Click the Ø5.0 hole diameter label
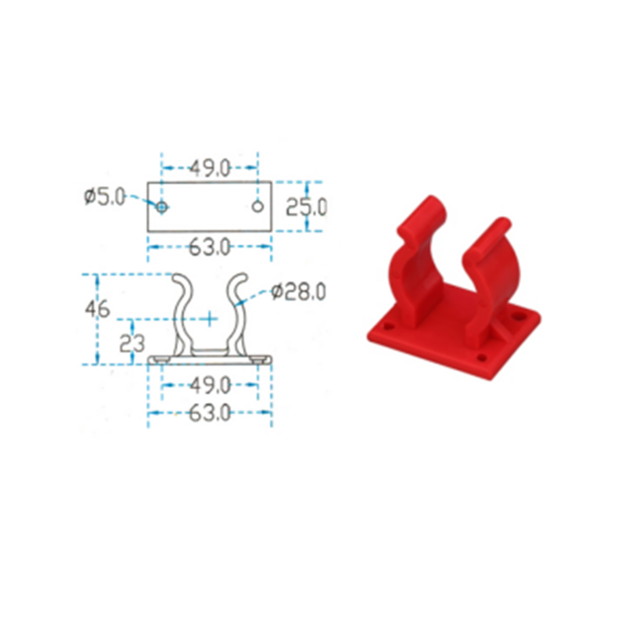[105, 197]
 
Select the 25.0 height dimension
[307, 207]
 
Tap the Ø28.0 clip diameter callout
[298, 291]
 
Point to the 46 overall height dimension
[97, 308]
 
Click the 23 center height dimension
[131, 343]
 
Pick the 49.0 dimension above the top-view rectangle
[210, 168]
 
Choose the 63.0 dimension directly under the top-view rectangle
[210, 247]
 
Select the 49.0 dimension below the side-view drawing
[210, 385]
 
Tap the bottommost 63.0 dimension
[210, 413]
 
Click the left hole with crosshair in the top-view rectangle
[162, 207]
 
